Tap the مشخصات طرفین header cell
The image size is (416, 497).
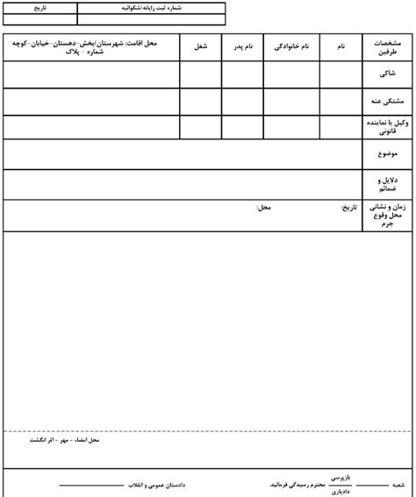pos(384,48)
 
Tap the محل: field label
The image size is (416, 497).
pos(262,208)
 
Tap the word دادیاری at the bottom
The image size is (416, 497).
pos(339,491)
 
